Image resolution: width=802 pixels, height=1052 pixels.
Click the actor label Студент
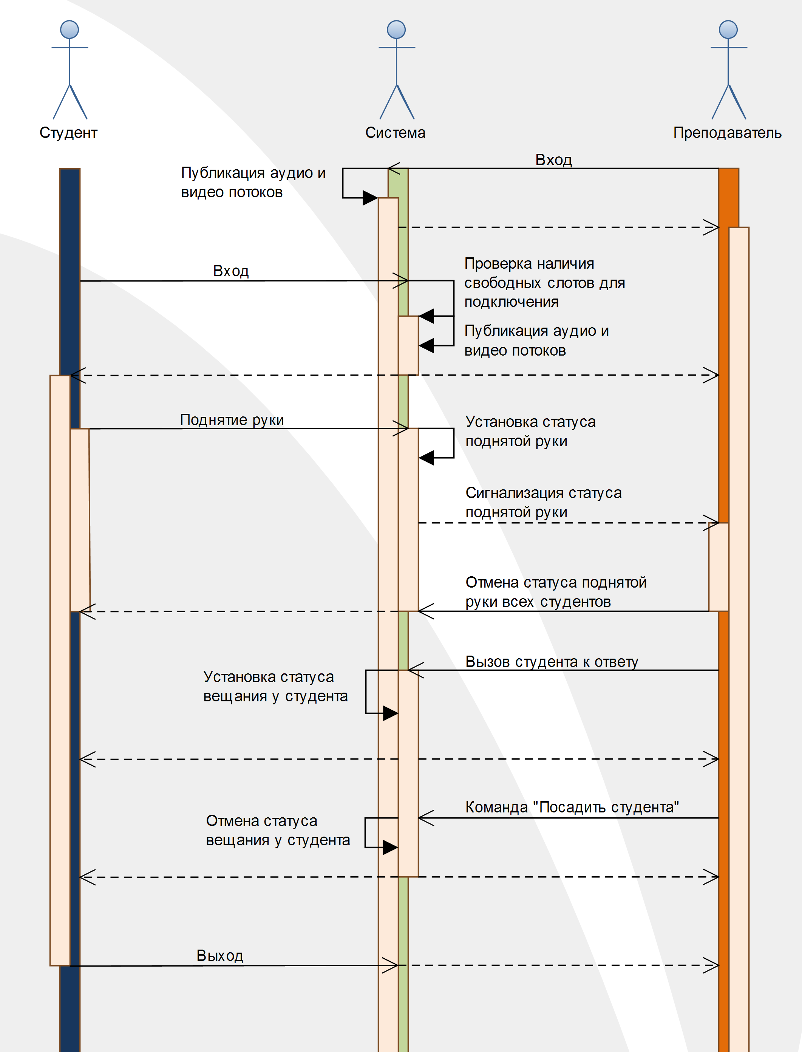click(x=68, y=133)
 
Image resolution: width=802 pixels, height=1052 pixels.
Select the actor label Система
click(x=395, y=133)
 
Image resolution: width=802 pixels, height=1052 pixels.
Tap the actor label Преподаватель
click(x=728, y=133)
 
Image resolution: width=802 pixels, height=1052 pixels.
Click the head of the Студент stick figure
click(x=70, y=29)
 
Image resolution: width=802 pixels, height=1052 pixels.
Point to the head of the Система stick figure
click(x=396, y=29)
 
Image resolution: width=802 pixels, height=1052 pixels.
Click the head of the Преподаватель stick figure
click(x=728, y=29)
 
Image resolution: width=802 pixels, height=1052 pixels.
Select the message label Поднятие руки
click(x=232, y=420)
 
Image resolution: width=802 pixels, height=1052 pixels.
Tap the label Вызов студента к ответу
click(x=552, y=662)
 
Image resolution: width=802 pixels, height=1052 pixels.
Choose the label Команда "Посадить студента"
click(x=572, y=807)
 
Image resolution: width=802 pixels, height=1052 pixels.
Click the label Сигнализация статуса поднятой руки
click(x=544, y=502)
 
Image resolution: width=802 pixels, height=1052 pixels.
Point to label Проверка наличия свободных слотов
click(x=545, y=283)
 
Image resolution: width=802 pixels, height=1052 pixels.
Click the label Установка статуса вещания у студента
click(x=276, y=687)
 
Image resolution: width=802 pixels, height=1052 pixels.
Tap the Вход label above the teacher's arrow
click(x=554, y=159)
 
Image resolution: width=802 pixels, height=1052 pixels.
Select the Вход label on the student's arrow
click(x=231, y=271)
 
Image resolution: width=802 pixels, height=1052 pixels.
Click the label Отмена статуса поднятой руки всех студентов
click(x=556, y=592)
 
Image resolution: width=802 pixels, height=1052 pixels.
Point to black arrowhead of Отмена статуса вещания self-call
click(x=390, y=848)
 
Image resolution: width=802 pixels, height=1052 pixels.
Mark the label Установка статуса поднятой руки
click(x=531, y=432)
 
